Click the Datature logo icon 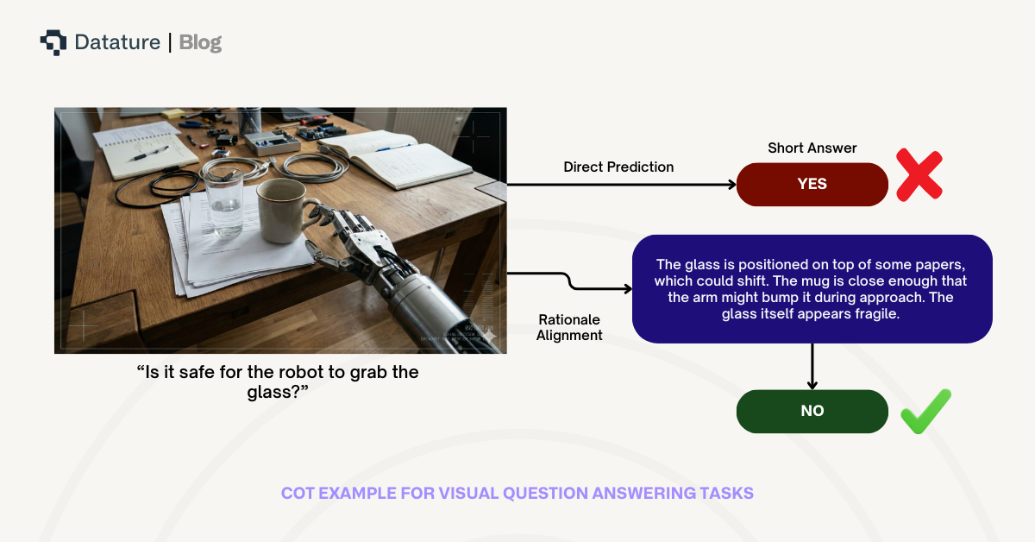[53, 42]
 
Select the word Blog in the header [200, 42]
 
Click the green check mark [925, 411]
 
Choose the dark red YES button [812, 184]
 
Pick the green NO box [812, 411]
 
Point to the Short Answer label [812, 148]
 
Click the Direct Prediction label [618, 167]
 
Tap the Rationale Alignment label [569, 328]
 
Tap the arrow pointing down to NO [812, 367]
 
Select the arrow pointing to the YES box [621, 184]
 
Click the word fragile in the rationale [875, 314]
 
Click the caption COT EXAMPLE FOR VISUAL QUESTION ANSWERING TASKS [517, 494]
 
